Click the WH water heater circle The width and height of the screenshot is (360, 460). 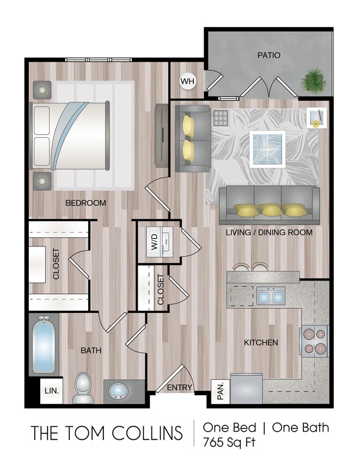187,82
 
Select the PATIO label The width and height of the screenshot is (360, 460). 269,55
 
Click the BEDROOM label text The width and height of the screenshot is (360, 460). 86,203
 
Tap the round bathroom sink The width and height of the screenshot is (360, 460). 118,391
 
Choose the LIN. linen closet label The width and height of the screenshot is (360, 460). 51,391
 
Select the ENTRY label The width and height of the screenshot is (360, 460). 180,388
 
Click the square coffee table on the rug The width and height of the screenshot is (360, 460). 267,148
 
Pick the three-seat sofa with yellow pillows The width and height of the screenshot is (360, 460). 269,205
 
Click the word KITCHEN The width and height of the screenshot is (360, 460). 261,342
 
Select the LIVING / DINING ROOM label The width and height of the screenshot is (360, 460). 269,232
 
